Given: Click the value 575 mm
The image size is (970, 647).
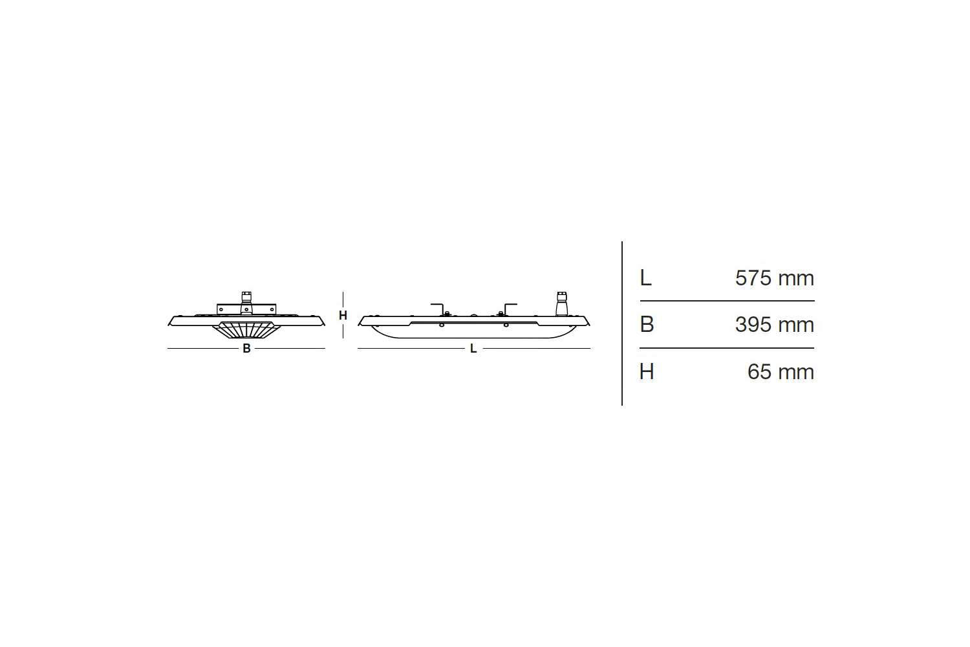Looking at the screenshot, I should pyautogui.click(x=774, y=278).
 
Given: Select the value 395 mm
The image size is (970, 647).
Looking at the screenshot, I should pyautogui.click(x=774, y=324).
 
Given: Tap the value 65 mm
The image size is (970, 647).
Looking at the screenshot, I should pyautogui.click(x=780, y=372).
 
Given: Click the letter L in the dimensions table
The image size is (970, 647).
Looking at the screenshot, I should pyautogui.click(x=645, y=278).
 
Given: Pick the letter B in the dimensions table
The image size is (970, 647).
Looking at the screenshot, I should pyautogui.click(x=647, y=324).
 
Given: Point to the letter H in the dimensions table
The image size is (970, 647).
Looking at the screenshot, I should pyautogui.click(x=647, y=372).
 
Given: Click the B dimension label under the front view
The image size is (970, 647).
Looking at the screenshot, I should pyautogui.click(x=246, y=349).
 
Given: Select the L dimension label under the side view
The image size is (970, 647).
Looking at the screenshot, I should pyautogui.click(x=473, y=349).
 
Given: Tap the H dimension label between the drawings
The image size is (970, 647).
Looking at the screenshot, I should pyautogui.click(x=343, y=316).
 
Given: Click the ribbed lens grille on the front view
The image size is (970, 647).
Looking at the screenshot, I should pyautogui.click(x=246, y=331).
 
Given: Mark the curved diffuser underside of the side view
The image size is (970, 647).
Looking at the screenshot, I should pyautogui.click(x=473, y=333).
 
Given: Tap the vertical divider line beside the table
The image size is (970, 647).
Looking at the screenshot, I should pyautogui.click(x=622, y=323).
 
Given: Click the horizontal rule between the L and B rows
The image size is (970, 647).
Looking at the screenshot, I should pyautogui.click(x=727, y=301).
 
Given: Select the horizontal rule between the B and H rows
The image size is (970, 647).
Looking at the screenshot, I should pyautogui.click(x=727, y=348).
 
